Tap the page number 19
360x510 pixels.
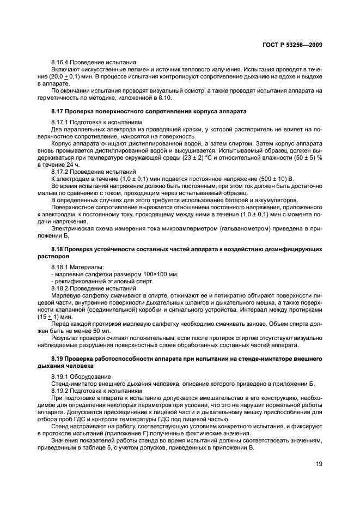pos(317,465)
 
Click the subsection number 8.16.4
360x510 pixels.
pos(62,63)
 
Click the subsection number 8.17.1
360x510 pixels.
pos(62,122)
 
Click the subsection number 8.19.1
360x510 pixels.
pos(62,376)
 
